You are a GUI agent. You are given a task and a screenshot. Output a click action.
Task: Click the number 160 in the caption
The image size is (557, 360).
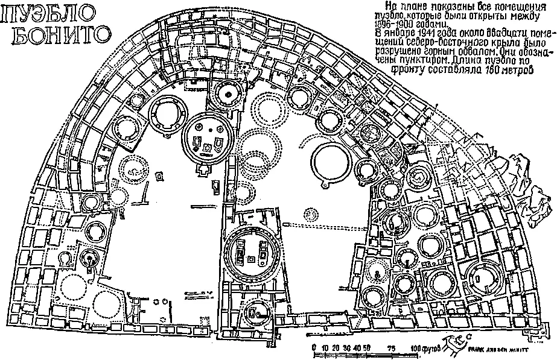(492, 69)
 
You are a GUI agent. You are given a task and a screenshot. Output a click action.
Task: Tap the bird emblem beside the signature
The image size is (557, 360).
(454, 346)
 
